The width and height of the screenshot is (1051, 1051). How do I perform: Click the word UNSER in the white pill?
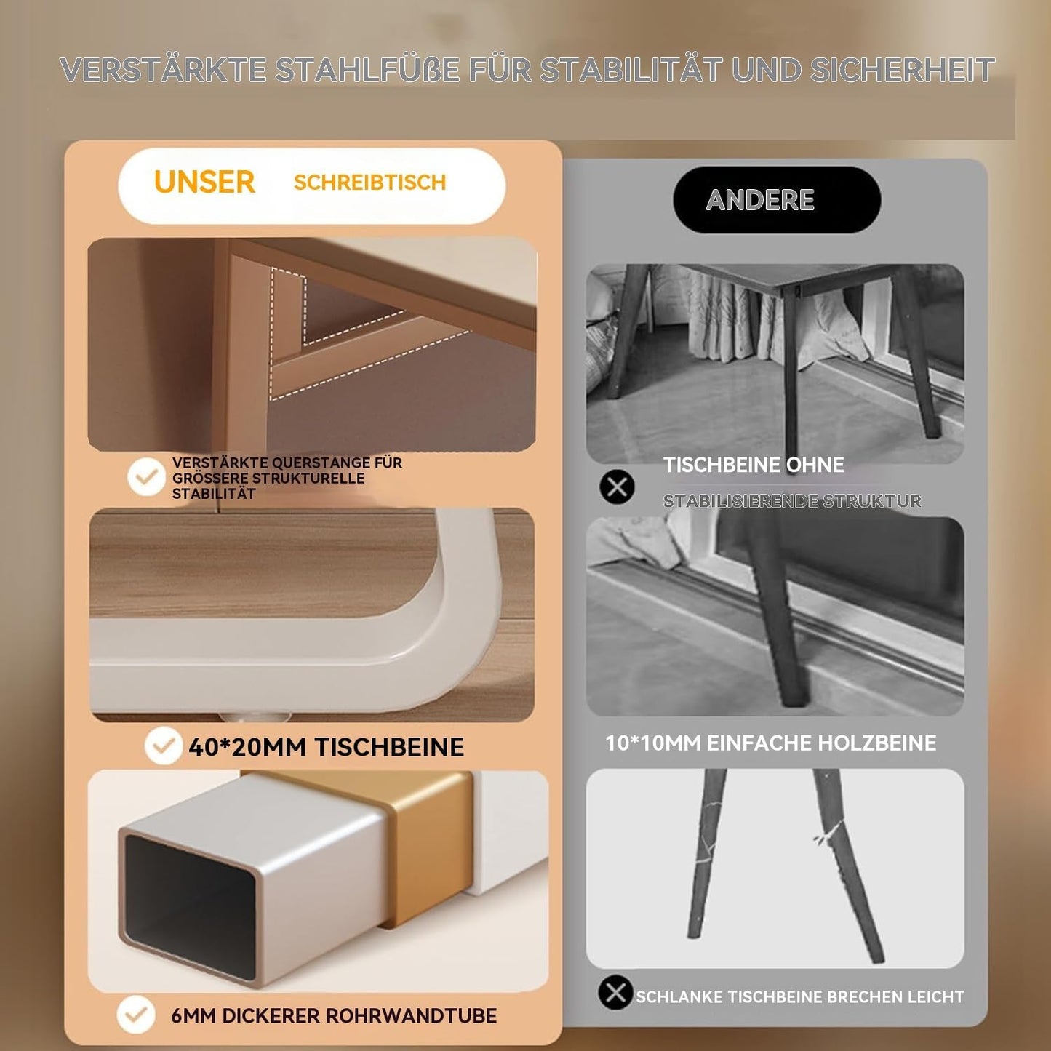tap(204, 182)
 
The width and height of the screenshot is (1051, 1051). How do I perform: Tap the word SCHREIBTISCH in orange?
tap(369, 183)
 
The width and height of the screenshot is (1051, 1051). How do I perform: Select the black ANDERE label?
tap(777, 199)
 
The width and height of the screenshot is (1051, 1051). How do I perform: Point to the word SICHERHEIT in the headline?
tap(902, 69)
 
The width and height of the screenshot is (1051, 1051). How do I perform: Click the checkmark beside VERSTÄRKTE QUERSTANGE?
tap(146, 476)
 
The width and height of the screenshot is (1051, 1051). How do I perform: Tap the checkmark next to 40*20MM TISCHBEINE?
tap(163, 745)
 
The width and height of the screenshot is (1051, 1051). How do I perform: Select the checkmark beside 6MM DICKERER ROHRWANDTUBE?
tap(136, 1015)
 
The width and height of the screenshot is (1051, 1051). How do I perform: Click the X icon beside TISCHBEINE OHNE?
tap(617, 487)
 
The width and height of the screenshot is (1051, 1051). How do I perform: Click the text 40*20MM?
tap(247, 747)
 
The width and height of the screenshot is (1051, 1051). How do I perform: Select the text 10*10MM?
tap(653, 743)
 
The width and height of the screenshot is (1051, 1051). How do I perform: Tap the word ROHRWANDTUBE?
tap(411, 1015)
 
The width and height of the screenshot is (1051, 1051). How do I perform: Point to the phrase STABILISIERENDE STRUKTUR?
tap(791, 500)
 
